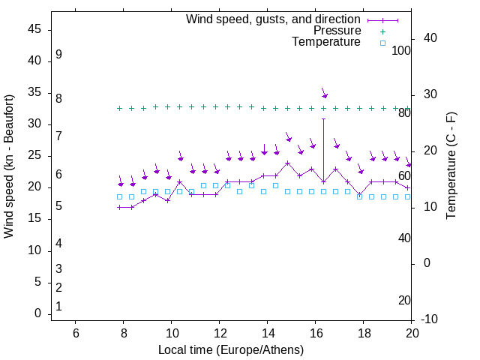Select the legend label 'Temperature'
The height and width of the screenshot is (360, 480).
click(x=326, y=42)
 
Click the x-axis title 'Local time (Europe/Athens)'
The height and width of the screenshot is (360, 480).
click(x=231, y=350)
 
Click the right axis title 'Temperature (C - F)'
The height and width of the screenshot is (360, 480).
click(x=451, y=166)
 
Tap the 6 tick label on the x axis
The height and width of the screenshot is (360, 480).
click(x=75, y=333)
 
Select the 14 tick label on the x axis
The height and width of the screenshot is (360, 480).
click(x=267, y=333)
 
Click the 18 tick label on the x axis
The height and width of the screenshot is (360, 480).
click(x=364, y=333)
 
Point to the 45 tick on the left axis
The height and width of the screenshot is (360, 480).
click(x=34, y=30)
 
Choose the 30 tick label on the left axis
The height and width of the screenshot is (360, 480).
click(x=34, y=124)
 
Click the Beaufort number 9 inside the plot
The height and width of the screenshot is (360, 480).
click(x=58, y=55)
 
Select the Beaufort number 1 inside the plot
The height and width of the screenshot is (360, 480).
click(x=58, y=307)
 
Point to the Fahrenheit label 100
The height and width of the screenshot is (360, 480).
click(x=401, y=50)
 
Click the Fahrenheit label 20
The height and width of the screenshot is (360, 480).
click(x=404, y=300)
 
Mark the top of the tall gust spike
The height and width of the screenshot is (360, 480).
click(x=323, y=118)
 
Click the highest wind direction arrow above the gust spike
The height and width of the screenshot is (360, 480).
click(x=324, y=94)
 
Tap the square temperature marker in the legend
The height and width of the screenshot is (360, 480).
click(x=382, y=43)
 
